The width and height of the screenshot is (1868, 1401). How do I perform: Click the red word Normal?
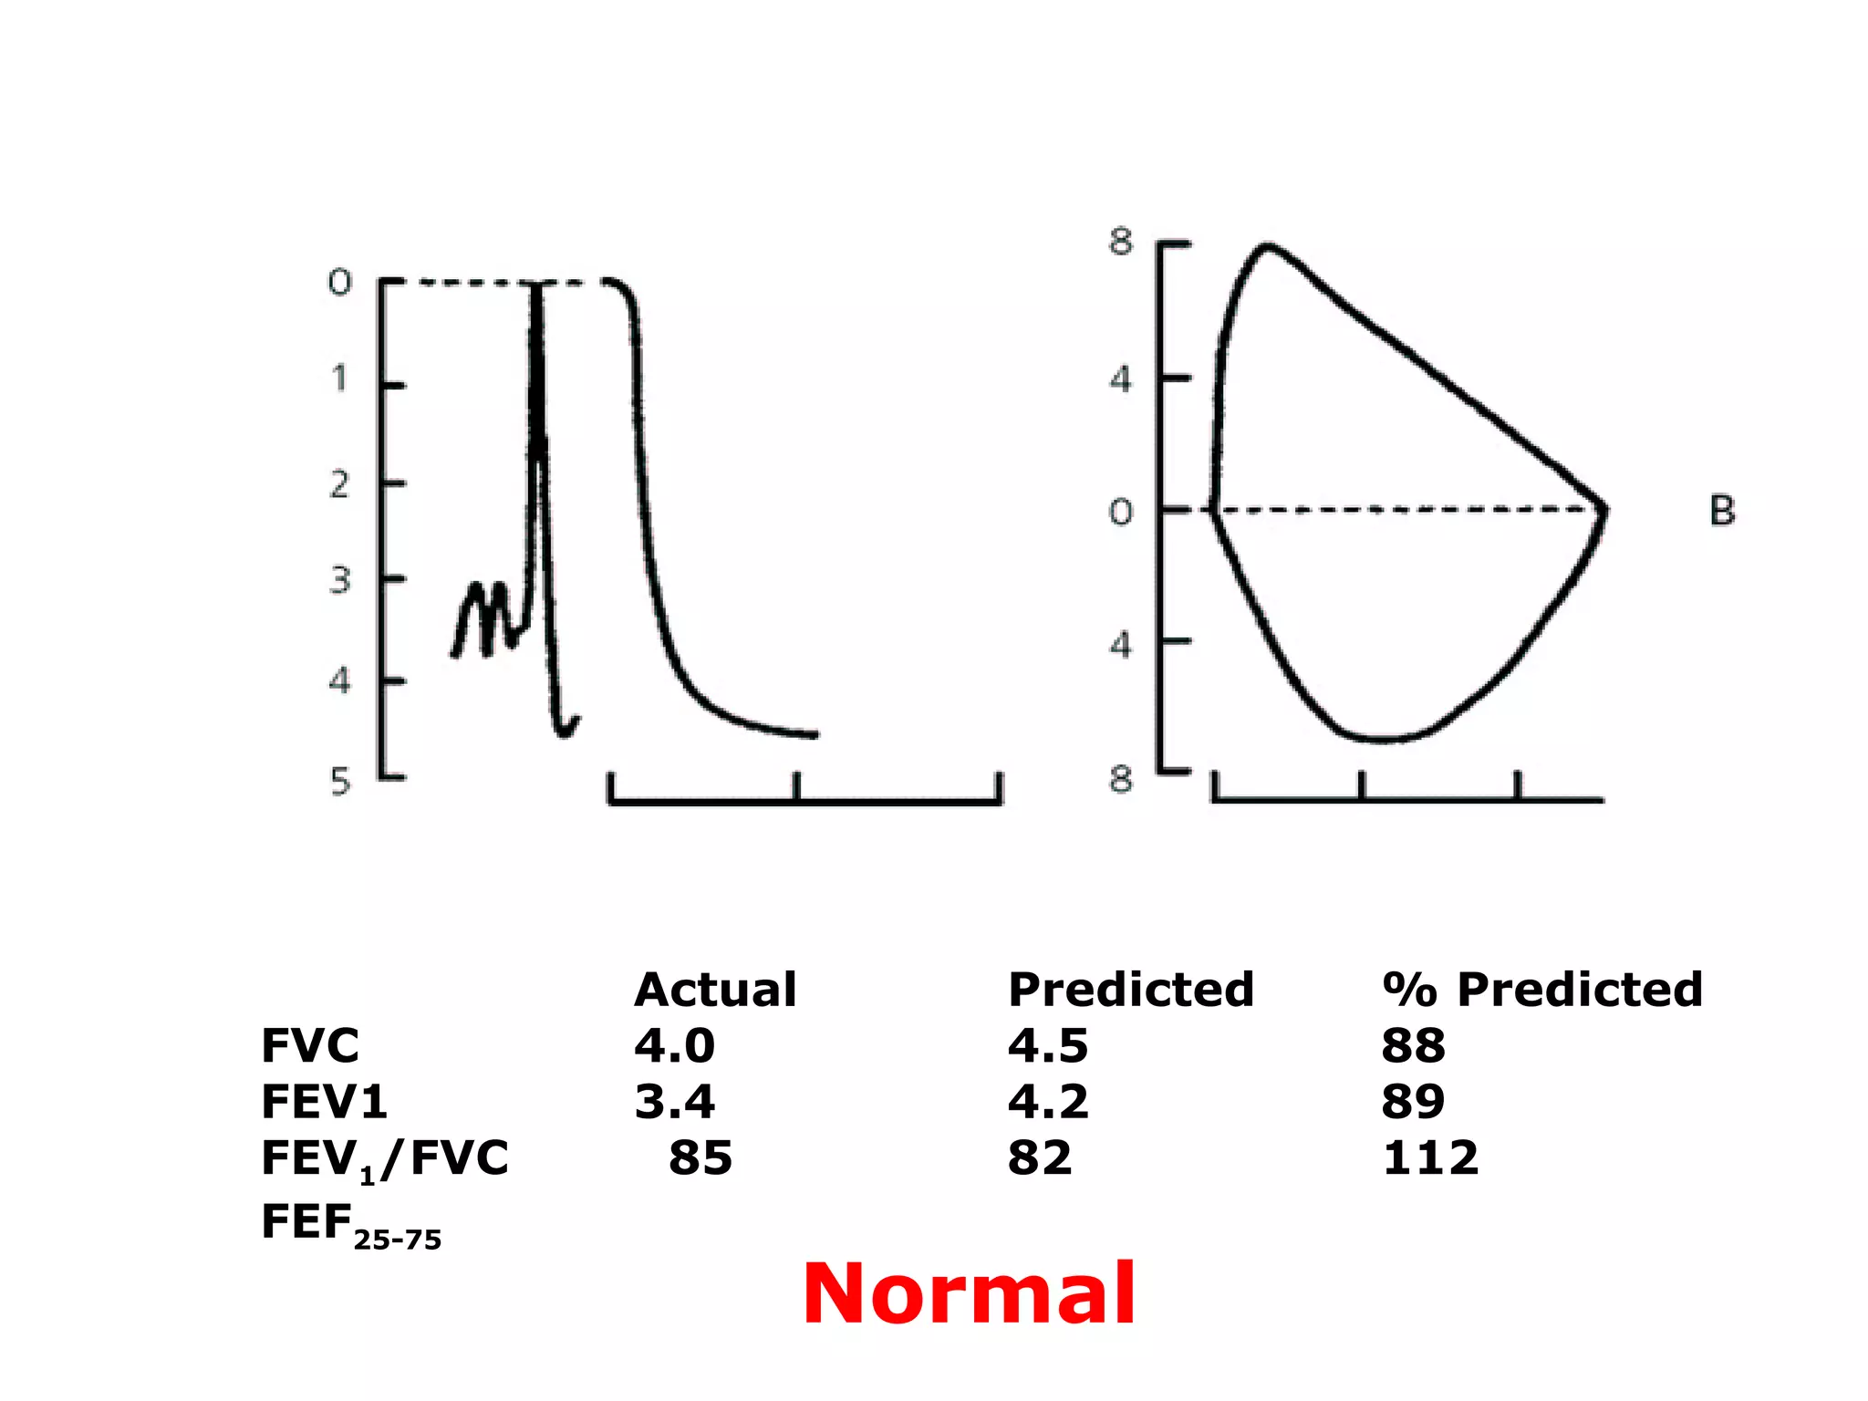(x=969, y=1294)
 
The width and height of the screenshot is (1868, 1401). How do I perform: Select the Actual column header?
(x=715, y=990)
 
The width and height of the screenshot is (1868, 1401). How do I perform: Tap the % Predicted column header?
(x=1541, y=990)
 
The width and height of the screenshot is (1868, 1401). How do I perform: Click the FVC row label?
(x=310, y=1046)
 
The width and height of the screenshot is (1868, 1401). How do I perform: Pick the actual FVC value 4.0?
(x=674, y=1046)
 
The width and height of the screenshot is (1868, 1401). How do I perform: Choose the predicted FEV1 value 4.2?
(x=1048, y=1102)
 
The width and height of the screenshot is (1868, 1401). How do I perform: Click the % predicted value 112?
(x=1429, y=1158)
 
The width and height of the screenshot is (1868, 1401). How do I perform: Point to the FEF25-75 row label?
(x=350, y=1225)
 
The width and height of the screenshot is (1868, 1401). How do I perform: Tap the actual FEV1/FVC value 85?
(x=700, y=1158)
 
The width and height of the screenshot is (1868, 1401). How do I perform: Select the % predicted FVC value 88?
(x=1413, y=1046)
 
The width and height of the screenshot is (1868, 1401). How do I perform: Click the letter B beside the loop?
(x=1722, y=511)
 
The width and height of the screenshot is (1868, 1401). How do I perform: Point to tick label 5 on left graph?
(x=340, y=782)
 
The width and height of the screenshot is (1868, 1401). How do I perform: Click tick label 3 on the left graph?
(x=339, y=580)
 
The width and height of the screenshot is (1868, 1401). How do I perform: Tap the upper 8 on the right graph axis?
(x=1121, y=243)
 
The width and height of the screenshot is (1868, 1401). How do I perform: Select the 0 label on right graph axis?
(x=1121, y=513)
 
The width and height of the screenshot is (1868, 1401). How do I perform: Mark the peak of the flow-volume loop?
(x=1267, y=246)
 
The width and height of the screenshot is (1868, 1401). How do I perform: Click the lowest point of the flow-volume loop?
(x=1382, y=739)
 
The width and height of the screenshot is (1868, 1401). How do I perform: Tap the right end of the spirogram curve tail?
(x=814, y=734)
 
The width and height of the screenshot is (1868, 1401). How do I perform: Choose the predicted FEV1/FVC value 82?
(x=1040, y=1158)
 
